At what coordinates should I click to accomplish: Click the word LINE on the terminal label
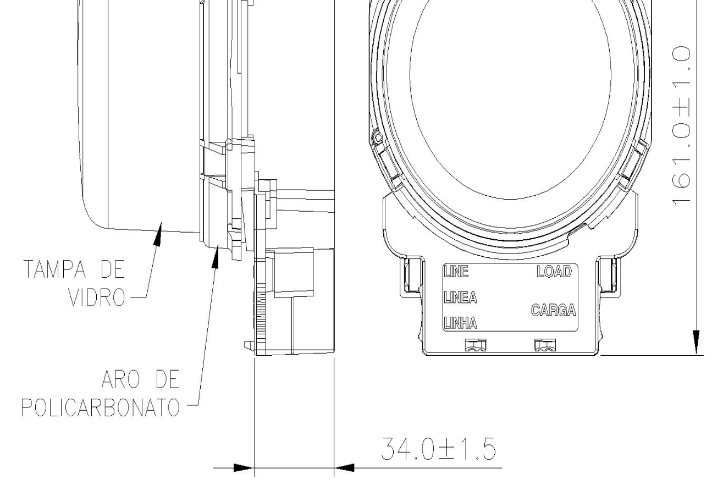click(x=456, y=271)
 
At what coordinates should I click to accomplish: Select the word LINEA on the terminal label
click(x=460, y=297)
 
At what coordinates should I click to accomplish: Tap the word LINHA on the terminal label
click(x=460, y=323)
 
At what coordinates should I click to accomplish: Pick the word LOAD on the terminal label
click(x=554, y=271)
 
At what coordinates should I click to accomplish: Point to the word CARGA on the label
click(x=554, y=310)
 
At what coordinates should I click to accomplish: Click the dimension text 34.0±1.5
click(x=438, y=449)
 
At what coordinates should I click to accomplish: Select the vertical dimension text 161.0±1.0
click(x=682, y=126)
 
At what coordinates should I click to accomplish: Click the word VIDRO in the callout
click(x=97, y=297)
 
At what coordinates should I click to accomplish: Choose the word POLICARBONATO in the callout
click(x=101, y=407)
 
